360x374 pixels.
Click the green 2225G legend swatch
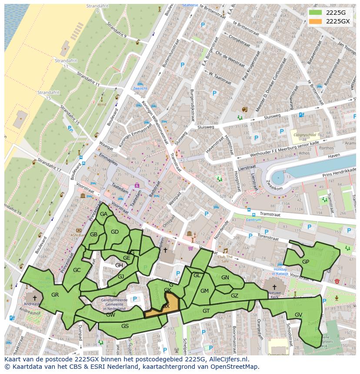[x=316, y=12]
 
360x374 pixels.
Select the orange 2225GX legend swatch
[x=316, y=21]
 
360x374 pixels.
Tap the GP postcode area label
[x=306, y=261]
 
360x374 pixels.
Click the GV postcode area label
[x=298, y=314]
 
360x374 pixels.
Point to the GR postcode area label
[x=55, y=295]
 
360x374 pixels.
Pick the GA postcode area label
[x=103, y=214]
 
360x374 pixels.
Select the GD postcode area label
[x=115, y=232]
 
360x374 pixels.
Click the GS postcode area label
[x=125, y=326]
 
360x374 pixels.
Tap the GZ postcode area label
[x=234, y=296]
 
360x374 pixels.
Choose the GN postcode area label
[x=225, y=278]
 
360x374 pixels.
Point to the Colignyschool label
[x=305, y=135]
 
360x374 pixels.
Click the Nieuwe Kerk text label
[x=274, y=297]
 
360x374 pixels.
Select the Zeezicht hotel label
[x=140, y=88]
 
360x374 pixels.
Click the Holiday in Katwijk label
[x=274, y=271]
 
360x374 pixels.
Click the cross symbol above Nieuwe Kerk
[x=274, y=287]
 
